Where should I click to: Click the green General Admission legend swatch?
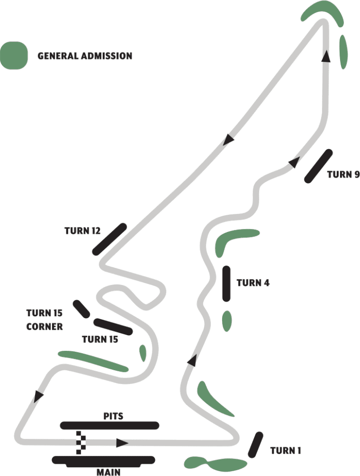14,55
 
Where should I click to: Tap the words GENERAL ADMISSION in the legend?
85,56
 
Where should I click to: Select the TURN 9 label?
343,174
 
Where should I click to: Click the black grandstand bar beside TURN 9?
318,166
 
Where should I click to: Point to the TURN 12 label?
82,230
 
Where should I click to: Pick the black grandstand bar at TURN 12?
110,239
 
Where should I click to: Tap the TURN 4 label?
253,283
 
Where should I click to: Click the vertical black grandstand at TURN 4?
226,284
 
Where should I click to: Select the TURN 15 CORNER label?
44,319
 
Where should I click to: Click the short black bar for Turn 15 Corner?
81,309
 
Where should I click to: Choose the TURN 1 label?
285,451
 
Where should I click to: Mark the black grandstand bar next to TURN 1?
255,444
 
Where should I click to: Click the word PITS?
113,417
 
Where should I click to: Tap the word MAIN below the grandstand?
108,471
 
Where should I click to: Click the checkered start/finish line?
78,442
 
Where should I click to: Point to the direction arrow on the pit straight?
123,443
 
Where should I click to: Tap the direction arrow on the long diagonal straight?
227,141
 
